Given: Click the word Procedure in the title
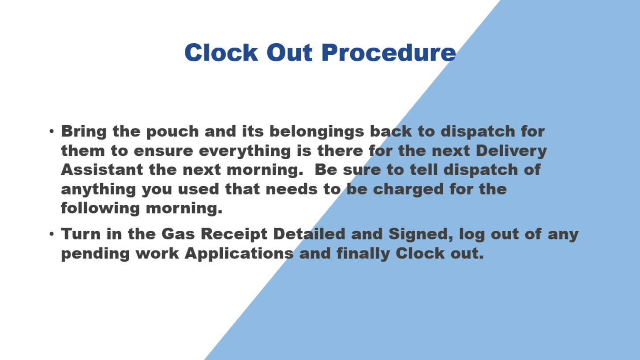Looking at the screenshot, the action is pyautogui.click(x=389, y=52).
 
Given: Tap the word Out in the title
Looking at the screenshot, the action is pyautogui.click(x=289, y=52).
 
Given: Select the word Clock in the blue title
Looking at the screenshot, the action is pyautogui.click(x=221, y=52).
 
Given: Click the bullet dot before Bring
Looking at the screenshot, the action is pyautogui.click(x=52, y=131).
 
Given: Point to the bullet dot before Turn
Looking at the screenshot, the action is pyautogui.click(x=52, y=234).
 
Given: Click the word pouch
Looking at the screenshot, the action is pyautogui.click(x=172, y=132).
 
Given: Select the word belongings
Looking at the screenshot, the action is pyautogui.click(x=317, y=132).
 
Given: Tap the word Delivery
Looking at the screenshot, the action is pyautogui.click(x=512, y=151).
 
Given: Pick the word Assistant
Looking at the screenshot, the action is pyautogui.click(x=102, y=170).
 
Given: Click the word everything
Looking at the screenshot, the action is pyautogui.click(x=245, y=151).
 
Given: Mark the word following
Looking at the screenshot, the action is pyautogui.click(x=100, y=209).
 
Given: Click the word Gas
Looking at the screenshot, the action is pyautogui.click(x=178, y=234).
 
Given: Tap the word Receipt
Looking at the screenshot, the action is pyautogui.click(x=234, y=235).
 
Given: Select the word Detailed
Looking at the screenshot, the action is pyautogui.click(x=309, y=234).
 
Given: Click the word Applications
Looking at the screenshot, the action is pyautogui.click(x=239, y=254).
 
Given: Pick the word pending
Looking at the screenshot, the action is pyautogui.click(x=95, y=254).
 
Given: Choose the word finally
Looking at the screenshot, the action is pyautogui.click(x=363, y=254).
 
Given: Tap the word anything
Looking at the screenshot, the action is pyautogui.click(x=98, y=190).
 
